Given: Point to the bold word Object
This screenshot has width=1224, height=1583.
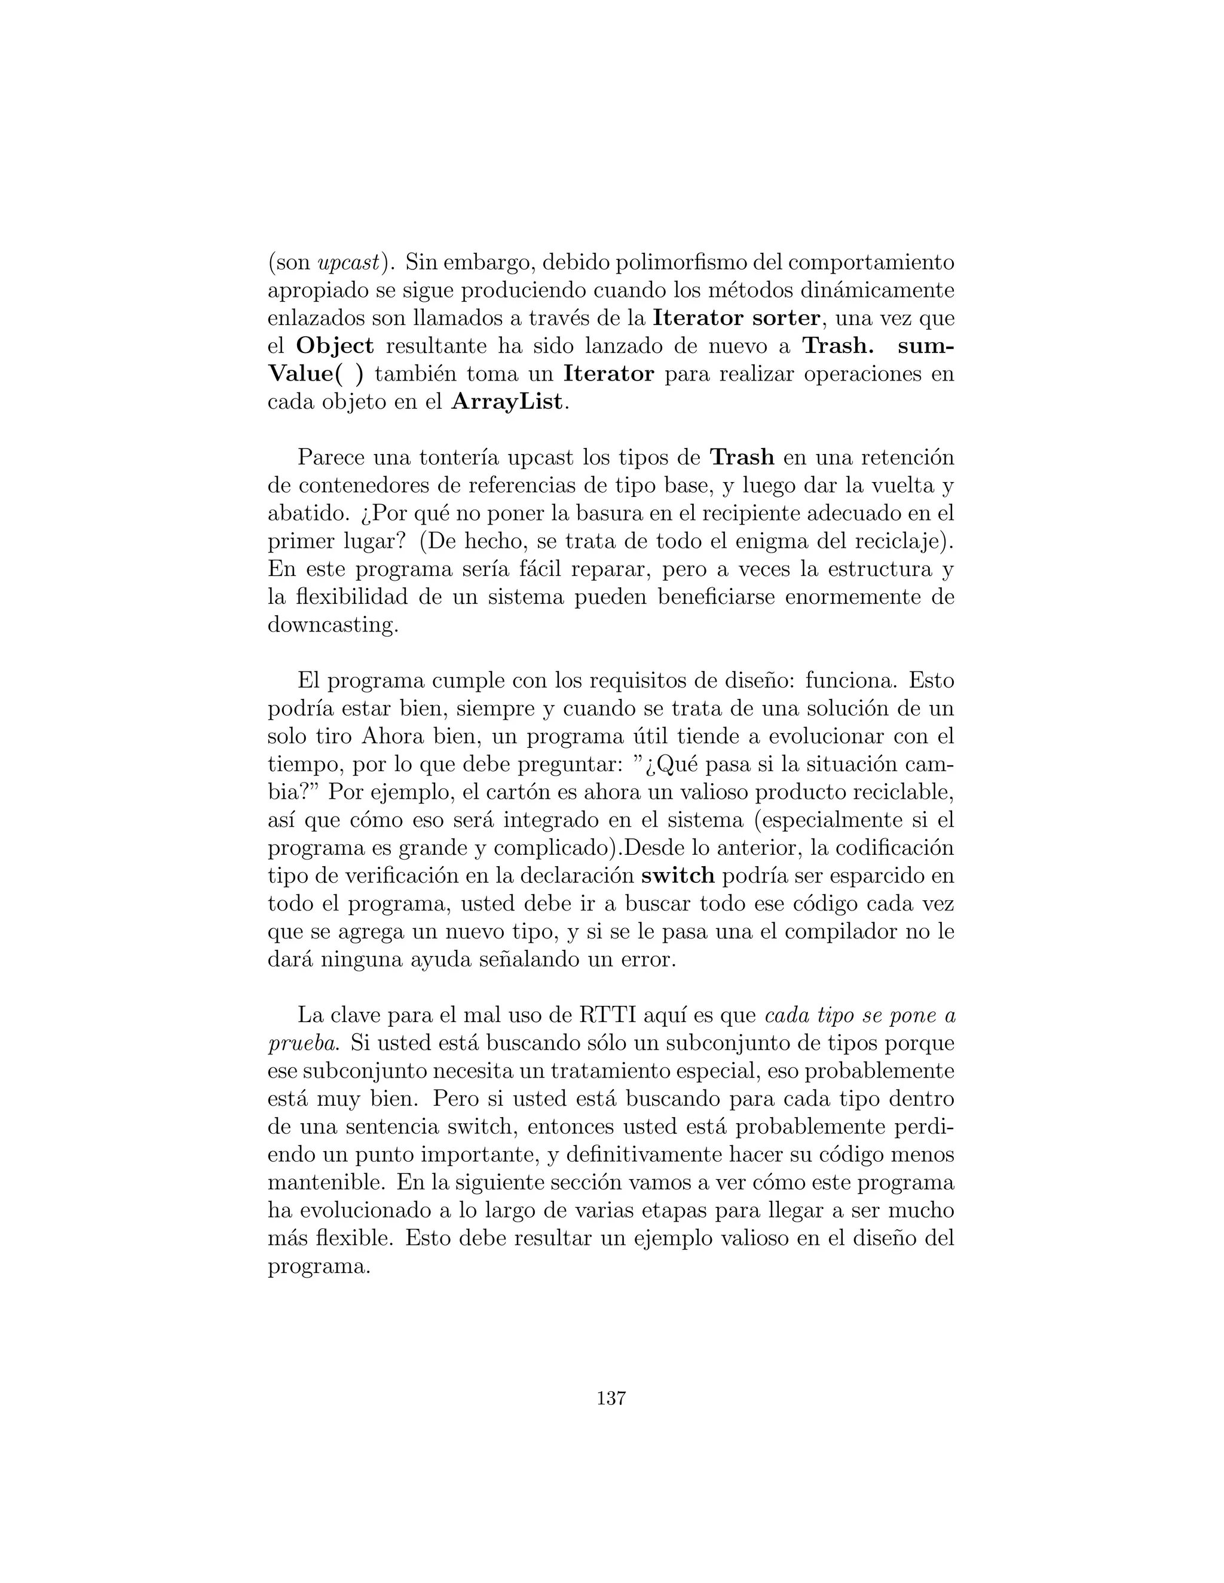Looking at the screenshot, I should tap(335, 346).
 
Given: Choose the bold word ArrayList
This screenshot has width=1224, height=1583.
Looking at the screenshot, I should tap(507, 401).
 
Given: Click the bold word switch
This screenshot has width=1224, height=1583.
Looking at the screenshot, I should tap(678, 876).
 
